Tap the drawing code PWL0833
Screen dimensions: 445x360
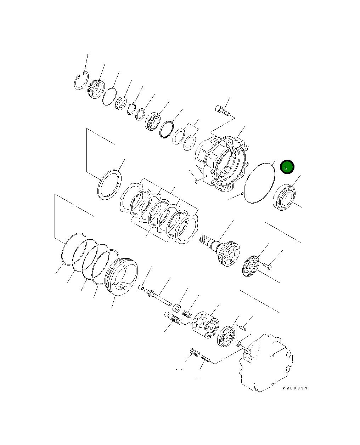(295, 388)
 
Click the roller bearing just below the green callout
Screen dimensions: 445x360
(284, 198)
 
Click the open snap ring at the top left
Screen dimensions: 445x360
(81, 82)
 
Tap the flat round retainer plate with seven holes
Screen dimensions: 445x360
(253, 266)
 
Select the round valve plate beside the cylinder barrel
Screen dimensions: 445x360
(226, 337)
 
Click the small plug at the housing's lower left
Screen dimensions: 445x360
(196, 182)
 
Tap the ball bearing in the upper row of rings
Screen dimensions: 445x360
(153, 121)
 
